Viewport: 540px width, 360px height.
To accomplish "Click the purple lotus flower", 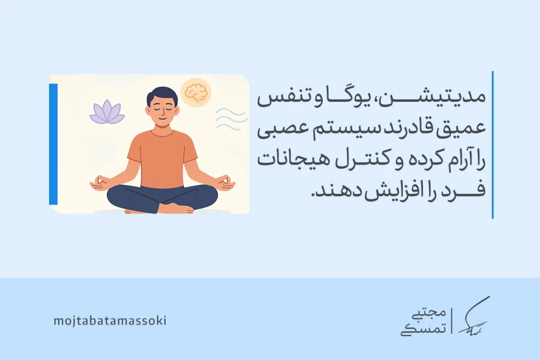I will point(107,113).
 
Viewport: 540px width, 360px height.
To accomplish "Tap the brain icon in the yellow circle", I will point(195,93).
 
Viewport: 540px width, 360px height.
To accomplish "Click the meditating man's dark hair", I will point(162,95).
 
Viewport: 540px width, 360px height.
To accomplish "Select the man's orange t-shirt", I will point(162,158).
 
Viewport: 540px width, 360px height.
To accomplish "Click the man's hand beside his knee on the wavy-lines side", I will point(226,183).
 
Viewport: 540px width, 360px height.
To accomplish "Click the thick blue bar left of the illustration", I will point(53,143).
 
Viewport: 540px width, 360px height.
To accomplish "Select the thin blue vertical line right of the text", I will point(493,144).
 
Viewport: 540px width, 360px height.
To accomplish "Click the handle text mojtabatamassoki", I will point(110,320).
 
